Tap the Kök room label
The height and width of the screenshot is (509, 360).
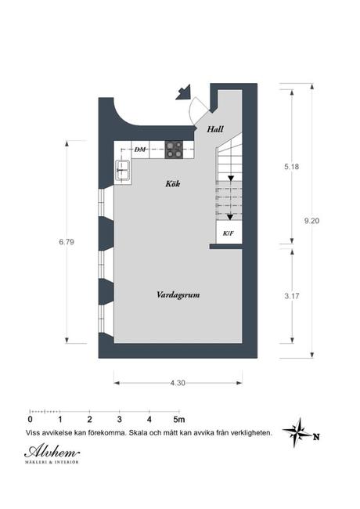pos(174,185)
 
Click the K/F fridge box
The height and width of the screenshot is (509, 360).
pos(228,233)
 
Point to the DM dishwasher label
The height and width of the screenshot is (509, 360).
pos(141,148)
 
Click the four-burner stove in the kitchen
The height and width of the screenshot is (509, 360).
pos(174,149)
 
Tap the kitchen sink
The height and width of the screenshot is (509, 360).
pos(124,169)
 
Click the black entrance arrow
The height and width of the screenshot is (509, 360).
pos(185,94)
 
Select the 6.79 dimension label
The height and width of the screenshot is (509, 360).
pos(66,242)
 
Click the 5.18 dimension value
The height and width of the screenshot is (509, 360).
pos(292,167)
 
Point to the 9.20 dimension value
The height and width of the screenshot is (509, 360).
pos(312,221)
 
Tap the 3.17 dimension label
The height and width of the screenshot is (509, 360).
pos(292,297)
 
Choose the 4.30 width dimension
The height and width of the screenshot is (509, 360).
pos(178,382)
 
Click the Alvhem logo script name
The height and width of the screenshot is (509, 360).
pos(50,451)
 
